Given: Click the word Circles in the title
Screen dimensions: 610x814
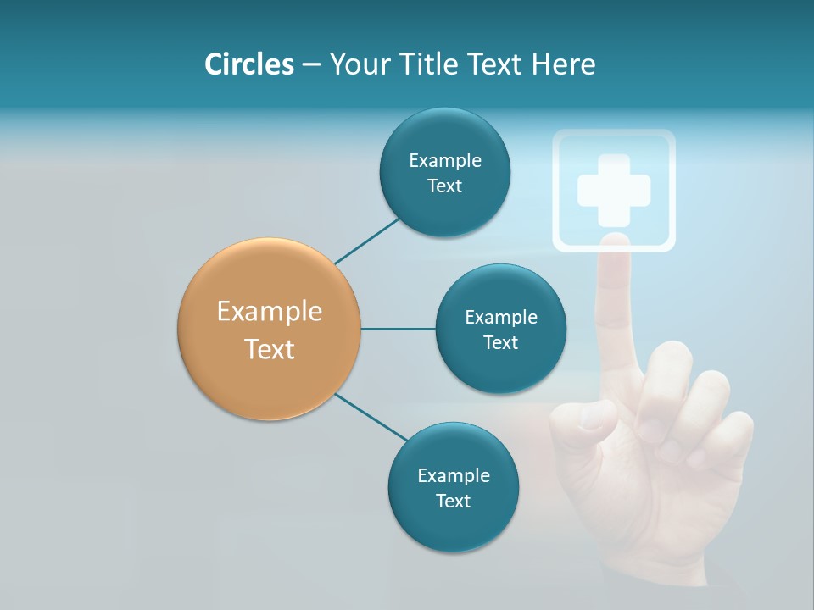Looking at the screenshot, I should pyautogui.click(x=248, y=64).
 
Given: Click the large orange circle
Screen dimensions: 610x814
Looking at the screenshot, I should pyautogui.click(x=270, y=329).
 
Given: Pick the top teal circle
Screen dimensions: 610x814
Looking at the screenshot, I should pyautogui.click(x=444, y=172).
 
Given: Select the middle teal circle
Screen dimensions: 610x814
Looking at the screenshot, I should pyautogui.click(x=500, y=329).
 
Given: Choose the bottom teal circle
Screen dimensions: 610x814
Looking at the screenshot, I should pyautogui.click(x=453, y=487).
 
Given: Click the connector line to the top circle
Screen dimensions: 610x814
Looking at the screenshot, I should pyautogui.click(x=366, y=241).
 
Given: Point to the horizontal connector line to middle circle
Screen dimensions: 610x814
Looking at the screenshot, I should pyautogui.click(x=398, y=329).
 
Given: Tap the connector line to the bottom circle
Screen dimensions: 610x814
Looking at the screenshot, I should pyautogui.click(x=373, y=417).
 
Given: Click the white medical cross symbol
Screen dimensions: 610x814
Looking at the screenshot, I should pyautogui.click(x=614, y=190).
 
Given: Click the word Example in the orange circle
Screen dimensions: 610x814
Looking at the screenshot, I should pyautogui.click(x=270, y=311).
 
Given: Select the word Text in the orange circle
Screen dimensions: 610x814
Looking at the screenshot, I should pyautogui.click(x=270, y=348).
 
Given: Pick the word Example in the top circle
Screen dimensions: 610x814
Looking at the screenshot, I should pyautogui.click(x=444, y=160).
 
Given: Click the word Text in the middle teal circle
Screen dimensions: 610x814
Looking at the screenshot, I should pyautogui.click(x=500, y=342).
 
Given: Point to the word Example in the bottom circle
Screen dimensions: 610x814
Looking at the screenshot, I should pyautogui.click(x=453, y=475).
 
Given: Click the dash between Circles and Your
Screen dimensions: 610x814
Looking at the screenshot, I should pyautogui.click(x=311, y=65).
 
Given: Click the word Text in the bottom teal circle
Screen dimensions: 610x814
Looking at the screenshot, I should pyautogui.click(x=453, y=501).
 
